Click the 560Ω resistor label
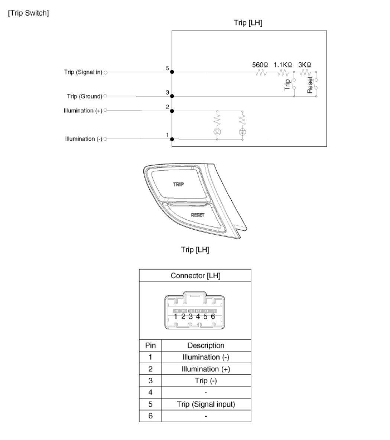pyautogui.click(x=260, y=64)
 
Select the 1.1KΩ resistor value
pyautogui.click(x=283, y=64)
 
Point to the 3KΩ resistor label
pyautogui.click(x=305, y=64)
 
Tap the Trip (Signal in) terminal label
pyautogui.click(x=83, y=72)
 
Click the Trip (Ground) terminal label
pyautogui.click(x=84, y=96)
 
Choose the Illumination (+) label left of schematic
pyautogui.click(x=83, y=111)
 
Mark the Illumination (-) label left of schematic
pyautogui.click(x=84, y=139)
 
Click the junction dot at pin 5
pyautogui.click(x=172, y=72)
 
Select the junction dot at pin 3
pyautogui.click(x=172, y=96)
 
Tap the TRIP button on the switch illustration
pyautogui.click(x=178, y=184)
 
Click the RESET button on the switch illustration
pyautogui.click(x=198, y=215)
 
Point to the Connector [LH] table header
pyautogui.click(x=195, y=276)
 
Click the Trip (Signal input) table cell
pyautogui.click(x=206, y=404)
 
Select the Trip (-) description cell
pyautogui.click(x=206, y=381)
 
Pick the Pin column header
pyautogui.click(x=150, y=345)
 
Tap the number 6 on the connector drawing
pyautogui.click(x=213, y=316)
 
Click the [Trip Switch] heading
pyautogui.click(x=28, y=13)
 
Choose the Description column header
pyautogui.click(x=206, y=345)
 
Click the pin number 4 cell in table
pyautogui.click(x=150, y=392)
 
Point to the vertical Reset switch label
pyautogui.click(x=310, y=85)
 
